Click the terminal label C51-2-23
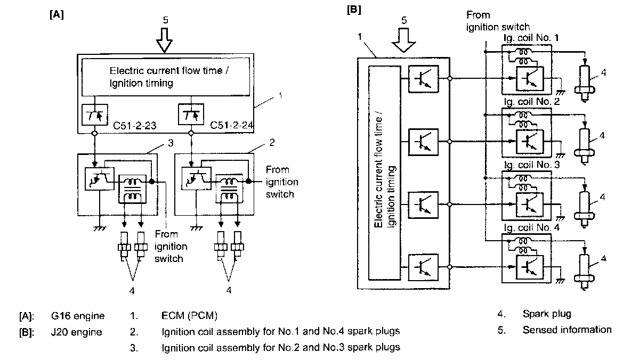[x=134, y=126]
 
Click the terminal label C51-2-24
[x=232, y=125]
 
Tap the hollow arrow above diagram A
[x=164, y=40]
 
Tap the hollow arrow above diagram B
[x=403, y=40]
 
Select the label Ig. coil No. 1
[x=531, y=38]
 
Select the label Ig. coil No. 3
[x=531, y=165]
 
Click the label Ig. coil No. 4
[x=531, y=228]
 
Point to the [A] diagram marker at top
[x=56, y=14]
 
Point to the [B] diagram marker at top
[x=354, y=10]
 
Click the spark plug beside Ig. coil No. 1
[x=584, y=82]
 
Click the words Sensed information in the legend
[x=567, y=330]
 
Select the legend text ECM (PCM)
[x=190, y=316]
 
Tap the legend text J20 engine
[x=76, y=332]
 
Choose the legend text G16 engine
[x=78, y=316]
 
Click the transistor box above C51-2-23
[x=94, y=114]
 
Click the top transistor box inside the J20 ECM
[x=423, y=79]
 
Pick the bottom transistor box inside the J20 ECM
[x=423, y=267]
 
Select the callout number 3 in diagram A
[x=171, y=143]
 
